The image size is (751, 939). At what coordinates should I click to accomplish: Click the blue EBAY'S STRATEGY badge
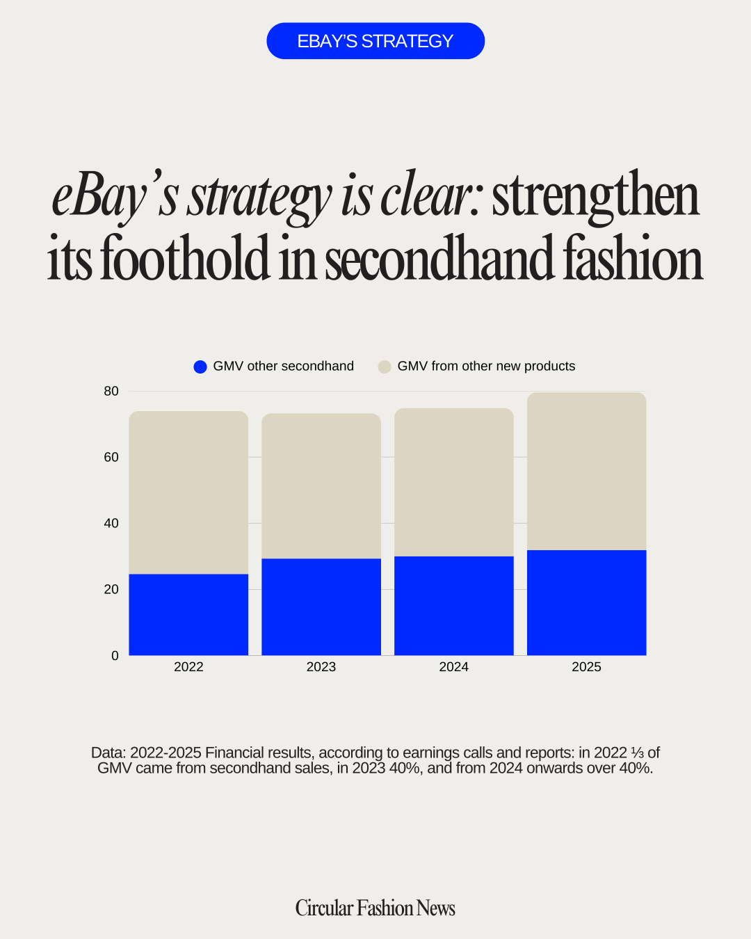click(x=375, y=41)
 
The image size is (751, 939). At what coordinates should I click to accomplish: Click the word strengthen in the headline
click(x=595, y=196)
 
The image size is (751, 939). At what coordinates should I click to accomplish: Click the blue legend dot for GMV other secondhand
click(x=200, y=367)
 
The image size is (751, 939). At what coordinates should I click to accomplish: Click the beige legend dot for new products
click(x=385, y=367)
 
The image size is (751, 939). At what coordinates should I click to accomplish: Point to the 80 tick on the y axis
click(x=111, y=392)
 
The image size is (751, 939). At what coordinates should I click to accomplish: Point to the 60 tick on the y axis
click(x=111, y=458)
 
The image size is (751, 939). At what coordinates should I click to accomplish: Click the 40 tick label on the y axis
click(x=111, y=524)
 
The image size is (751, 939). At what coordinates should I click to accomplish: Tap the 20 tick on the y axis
click(x=111, y=590)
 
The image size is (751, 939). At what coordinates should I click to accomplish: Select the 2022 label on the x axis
click(x=188, y=667)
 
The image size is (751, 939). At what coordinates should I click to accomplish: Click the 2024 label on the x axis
click(x=454, y=667)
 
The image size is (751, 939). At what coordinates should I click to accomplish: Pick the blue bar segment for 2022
click(x=188, y=615)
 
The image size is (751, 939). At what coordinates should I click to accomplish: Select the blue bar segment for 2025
click(x=587, y=603)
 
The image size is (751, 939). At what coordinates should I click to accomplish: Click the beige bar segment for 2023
click(x=321, y=486)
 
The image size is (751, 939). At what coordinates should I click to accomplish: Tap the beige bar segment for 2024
click(x=454, y=482)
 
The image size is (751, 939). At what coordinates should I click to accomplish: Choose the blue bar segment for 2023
click(x=321, y=607)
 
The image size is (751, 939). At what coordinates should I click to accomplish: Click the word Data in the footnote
click(x=108, y=753)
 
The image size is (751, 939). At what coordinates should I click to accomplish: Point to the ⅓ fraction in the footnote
click(x=638, y=753)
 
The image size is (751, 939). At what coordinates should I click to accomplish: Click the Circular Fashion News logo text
click(x=375, y=908)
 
